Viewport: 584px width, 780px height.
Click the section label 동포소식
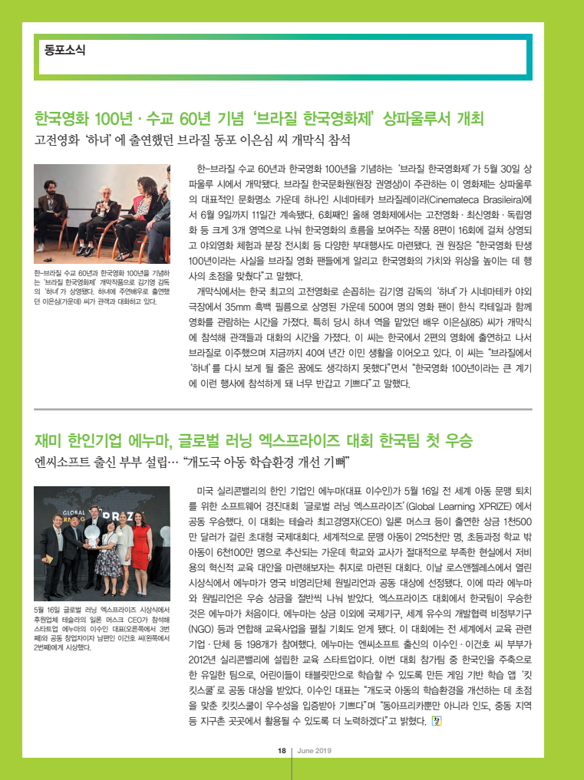64,51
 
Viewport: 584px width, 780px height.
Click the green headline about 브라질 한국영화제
259,120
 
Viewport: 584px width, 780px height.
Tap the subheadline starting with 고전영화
192,142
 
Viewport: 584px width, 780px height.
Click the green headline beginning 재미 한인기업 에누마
253,441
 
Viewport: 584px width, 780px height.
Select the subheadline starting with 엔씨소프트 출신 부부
192,462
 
